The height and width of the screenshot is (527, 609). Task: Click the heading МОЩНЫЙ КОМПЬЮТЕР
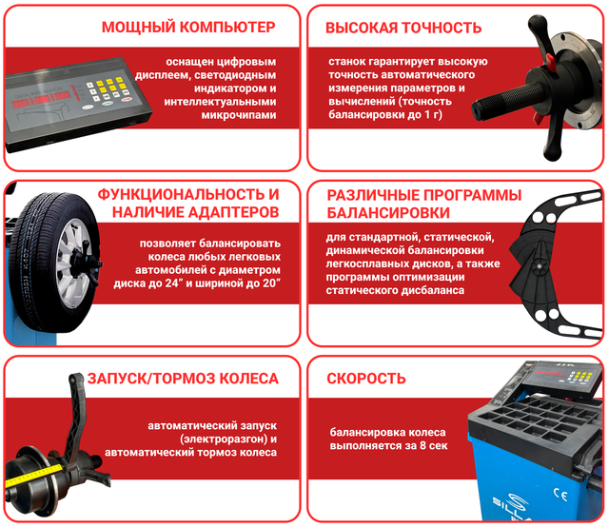click(x=188, y=28)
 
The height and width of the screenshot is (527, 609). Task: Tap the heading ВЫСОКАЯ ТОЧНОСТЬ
click(x=403, y=28)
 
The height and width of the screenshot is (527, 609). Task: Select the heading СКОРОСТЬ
click(x=366, y=379)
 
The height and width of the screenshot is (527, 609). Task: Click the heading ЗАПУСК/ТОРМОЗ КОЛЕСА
click(x=183, y=379)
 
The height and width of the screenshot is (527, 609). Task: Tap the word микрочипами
click(x=239, y=115)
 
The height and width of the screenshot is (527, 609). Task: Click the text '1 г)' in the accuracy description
click(x=433, y=114)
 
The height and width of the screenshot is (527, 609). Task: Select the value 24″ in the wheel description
click(x=173, y=283)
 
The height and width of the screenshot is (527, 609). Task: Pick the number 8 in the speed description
click(x=422, y=445)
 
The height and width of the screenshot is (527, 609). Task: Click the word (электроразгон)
click(x=224, y=439)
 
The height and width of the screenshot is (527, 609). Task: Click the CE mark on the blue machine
click(x=560, y=495)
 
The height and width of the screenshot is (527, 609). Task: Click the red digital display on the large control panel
click(x=42, y=100)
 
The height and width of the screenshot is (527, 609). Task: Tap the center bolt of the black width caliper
click(x=539, y=266)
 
